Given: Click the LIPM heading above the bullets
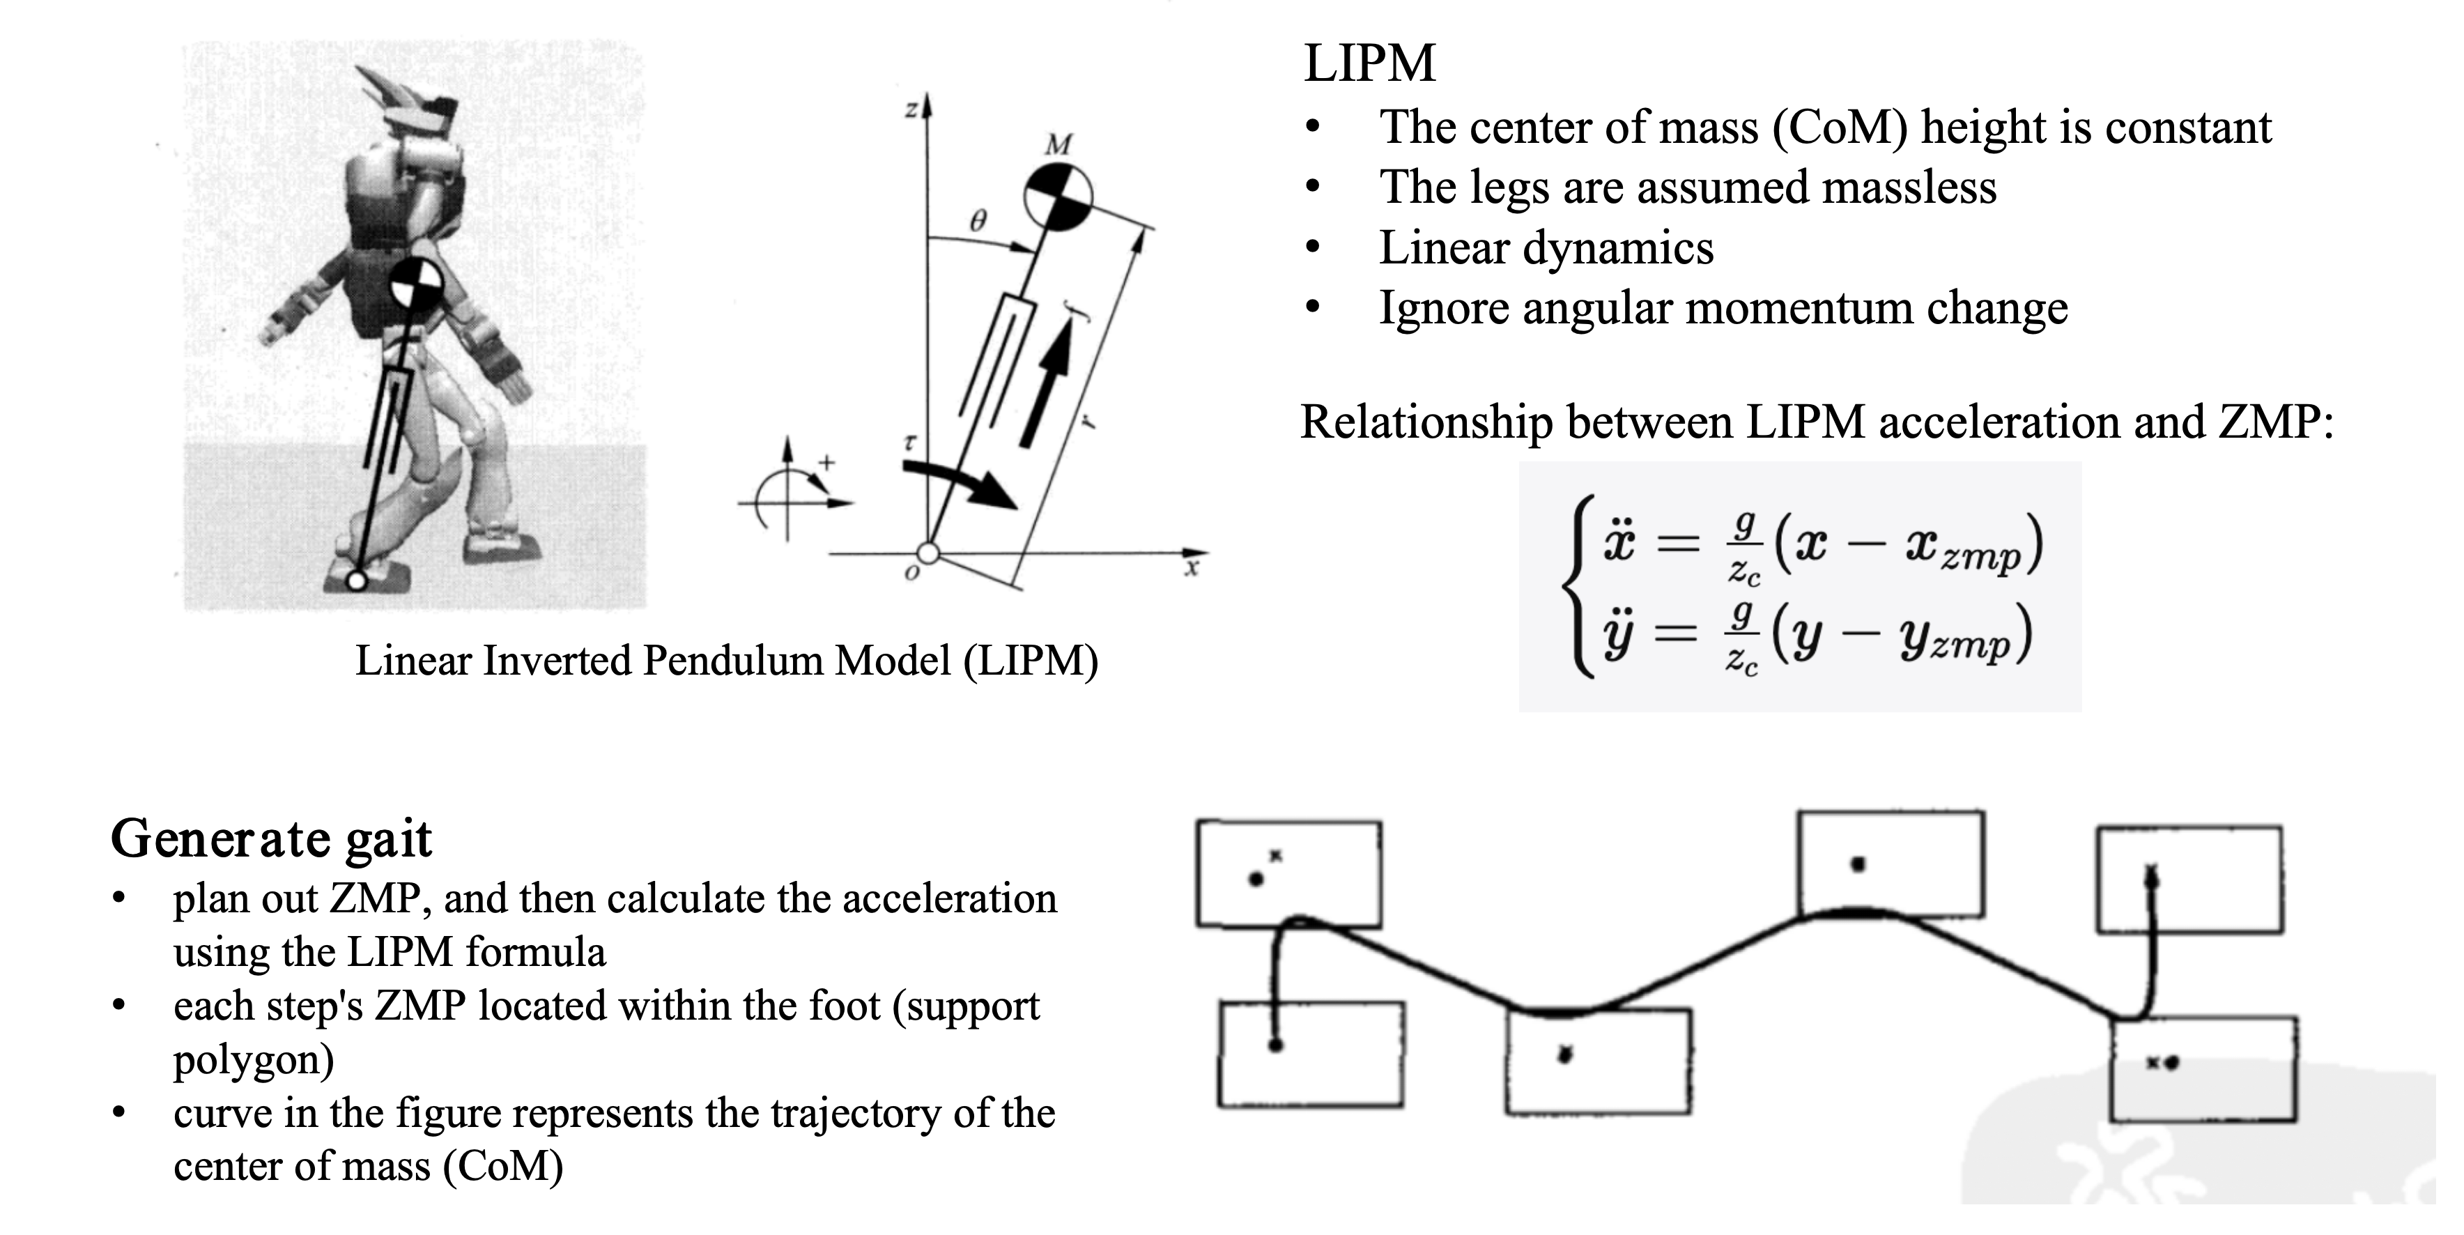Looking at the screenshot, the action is [x=1370, y=63].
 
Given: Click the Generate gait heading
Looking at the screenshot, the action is [x=272, y=840].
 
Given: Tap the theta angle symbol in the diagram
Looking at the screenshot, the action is [x=976, y=222].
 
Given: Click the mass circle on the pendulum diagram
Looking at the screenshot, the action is [x=1058, y=197].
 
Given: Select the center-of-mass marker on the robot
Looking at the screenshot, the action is [x=416, y=282].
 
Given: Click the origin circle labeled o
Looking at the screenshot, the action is [x=927, y=553].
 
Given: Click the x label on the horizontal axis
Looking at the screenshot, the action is [x=1191, y=570].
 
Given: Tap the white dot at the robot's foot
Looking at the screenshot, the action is [x=357, y=580].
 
